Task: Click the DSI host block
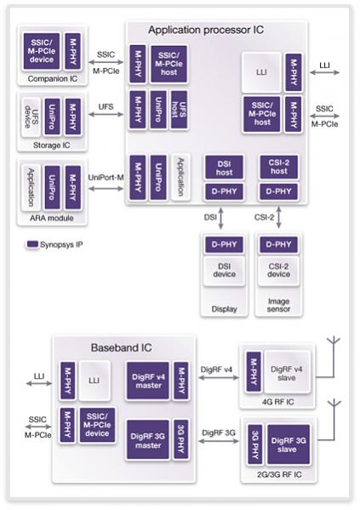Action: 224,168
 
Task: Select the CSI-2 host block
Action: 278,168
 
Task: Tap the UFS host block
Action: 180,110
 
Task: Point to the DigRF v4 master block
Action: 148,381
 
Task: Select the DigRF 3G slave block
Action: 289,444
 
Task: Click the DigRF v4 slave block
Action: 287,373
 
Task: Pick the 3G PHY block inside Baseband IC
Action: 181,439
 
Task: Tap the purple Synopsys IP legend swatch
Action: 32,244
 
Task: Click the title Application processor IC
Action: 206,30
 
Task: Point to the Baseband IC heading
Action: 122,347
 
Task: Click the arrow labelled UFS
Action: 106,114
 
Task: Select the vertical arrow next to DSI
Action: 220,218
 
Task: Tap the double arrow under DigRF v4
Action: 218,378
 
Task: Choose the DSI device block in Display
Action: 224,271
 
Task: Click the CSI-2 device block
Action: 278,271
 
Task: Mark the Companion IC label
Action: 53,78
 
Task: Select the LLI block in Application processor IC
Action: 261,72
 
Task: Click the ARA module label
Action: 52,218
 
